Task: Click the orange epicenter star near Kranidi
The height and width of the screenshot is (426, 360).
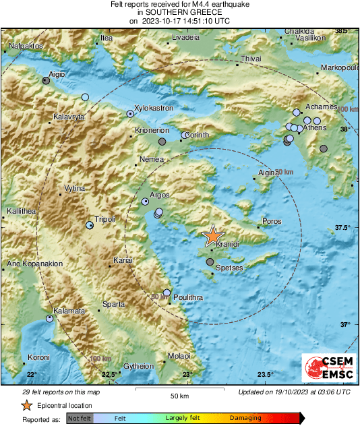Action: pyautogui.click(x=212, y=235)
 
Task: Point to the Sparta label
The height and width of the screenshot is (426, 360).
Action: pyautogui.click(x=113, y=305)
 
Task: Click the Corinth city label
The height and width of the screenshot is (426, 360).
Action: pyautogui.click(x=198, y=135)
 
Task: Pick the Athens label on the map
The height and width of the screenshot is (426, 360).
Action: pyautogui.click(x=314, y=127)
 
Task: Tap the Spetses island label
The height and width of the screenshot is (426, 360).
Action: pyautogui.click(x=229, y=268)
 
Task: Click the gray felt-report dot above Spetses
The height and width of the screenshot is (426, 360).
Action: pyautogui.click(x=210, y=262)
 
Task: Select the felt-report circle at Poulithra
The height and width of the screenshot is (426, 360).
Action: pyautogui.click(x=167, y=293)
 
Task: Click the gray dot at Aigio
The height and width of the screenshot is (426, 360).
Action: pyautogui.click(x=46, y=80)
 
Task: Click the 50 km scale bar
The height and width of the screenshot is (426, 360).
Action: pyautogui.click(x=178, y=390)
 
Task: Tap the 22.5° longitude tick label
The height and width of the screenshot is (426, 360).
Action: pyautogui.click(x=109, y=375)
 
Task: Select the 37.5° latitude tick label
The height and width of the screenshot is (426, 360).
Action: pyautogui.click(x=343, y=228)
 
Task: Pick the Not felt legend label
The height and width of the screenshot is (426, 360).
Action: pyautogui.click(x=79, y=419)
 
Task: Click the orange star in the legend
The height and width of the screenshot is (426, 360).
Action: pyautogui.click(x=26, y=405)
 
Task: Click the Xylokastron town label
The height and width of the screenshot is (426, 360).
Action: pyautogui.click(x=154, y=108)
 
